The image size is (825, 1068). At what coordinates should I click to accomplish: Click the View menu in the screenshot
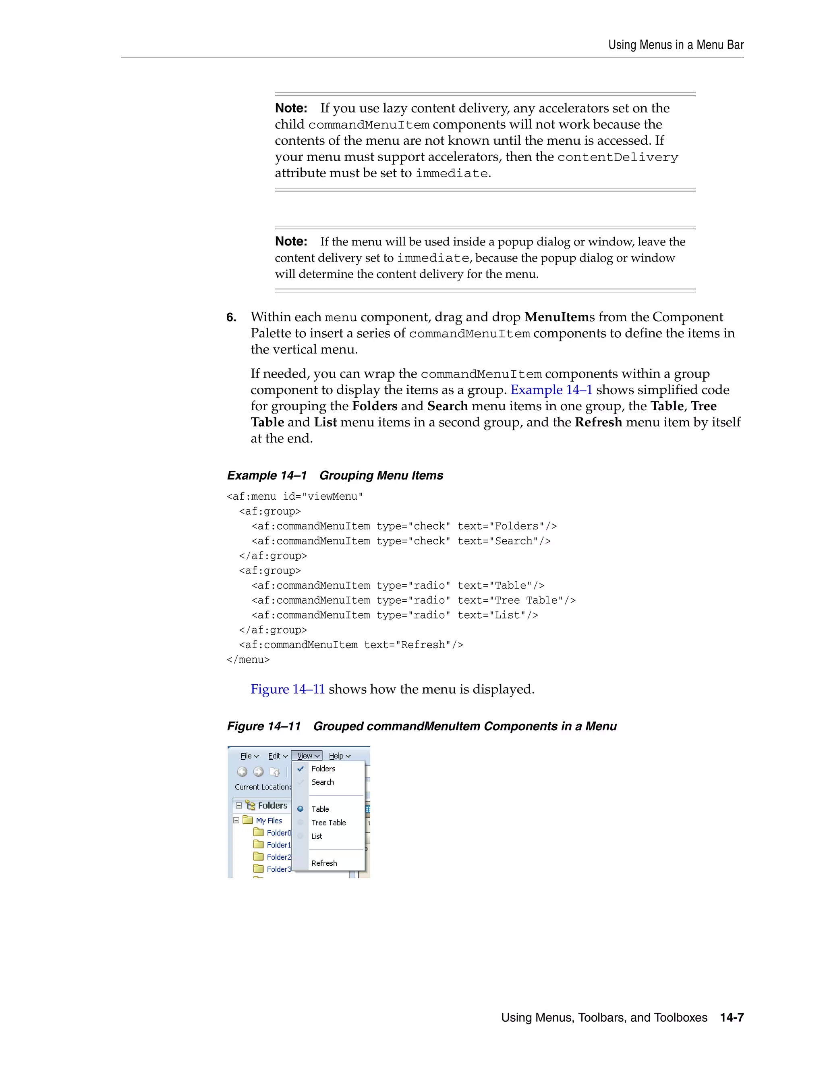coord(307,756)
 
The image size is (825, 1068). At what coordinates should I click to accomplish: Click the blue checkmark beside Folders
coord(301,768)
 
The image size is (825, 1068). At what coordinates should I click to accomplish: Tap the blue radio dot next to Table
coord(301,809)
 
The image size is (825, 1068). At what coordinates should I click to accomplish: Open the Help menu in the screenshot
coord(339,756)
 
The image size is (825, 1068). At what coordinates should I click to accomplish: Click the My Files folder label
coord(269,821)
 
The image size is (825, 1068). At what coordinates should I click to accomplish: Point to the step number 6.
coord(231,317)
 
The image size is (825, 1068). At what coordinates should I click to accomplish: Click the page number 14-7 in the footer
coord(732,1018)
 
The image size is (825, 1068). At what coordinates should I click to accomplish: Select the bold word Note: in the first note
coord(291,108)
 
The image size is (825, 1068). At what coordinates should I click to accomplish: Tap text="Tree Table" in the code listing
coord(516,600)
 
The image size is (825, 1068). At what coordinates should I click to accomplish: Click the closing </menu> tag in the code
coord(248,660)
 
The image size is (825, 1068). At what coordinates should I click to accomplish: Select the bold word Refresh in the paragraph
coord(598,422)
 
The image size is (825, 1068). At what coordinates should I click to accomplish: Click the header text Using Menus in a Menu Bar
coord(676,45)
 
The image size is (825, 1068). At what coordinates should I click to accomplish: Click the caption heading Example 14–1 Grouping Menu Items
coord(335,475)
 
